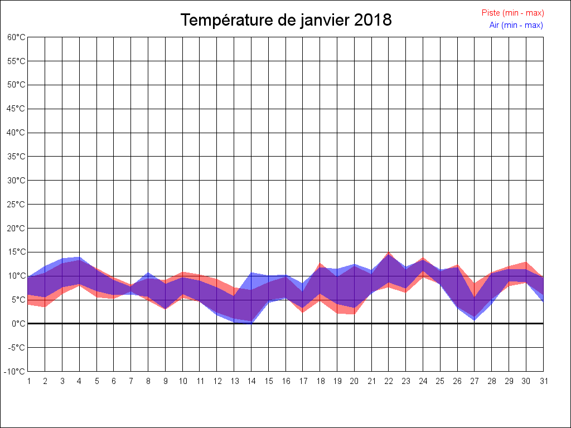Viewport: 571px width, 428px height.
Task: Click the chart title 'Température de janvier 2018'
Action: click(x=286, y=20)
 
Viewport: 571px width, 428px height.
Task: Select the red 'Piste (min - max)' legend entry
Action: click(x=512, y=13)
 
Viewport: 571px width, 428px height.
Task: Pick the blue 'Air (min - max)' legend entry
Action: click(x=516, y=25)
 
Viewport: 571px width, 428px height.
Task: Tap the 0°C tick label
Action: click(x=18, y=324)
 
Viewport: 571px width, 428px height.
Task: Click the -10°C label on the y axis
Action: click(x=16, y=372)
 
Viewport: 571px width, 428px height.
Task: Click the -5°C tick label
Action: click(x=17, y=348)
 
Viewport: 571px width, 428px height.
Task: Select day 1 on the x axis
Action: click(x=28, y=381)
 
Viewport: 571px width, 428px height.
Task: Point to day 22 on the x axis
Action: click(x=389, y=381)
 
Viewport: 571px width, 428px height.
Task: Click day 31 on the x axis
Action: click(x=543, y=381)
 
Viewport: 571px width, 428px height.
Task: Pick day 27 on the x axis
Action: click(x=475, y=381)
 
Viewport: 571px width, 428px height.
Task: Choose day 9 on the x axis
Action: click(x=165, y=381)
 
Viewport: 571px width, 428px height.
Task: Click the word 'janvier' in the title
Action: click(x=320, y=20)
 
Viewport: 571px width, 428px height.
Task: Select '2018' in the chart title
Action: click(x=373, y=20)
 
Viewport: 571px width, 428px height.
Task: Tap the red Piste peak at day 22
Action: click(x=389, y=253)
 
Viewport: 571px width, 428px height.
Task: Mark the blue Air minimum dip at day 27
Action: click(x=475, y=320)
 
